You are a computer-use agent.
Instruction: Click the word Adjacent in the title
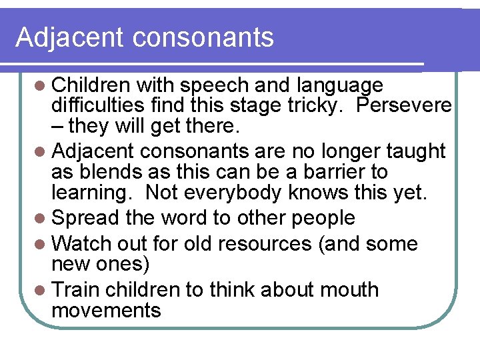69,37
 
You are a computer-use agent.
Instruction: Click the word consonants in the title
203,37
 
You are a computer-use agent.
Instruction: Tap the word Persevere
405,105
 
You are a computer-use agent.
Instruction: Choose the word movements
107,310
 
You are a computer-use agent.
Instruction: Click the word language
341,86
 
